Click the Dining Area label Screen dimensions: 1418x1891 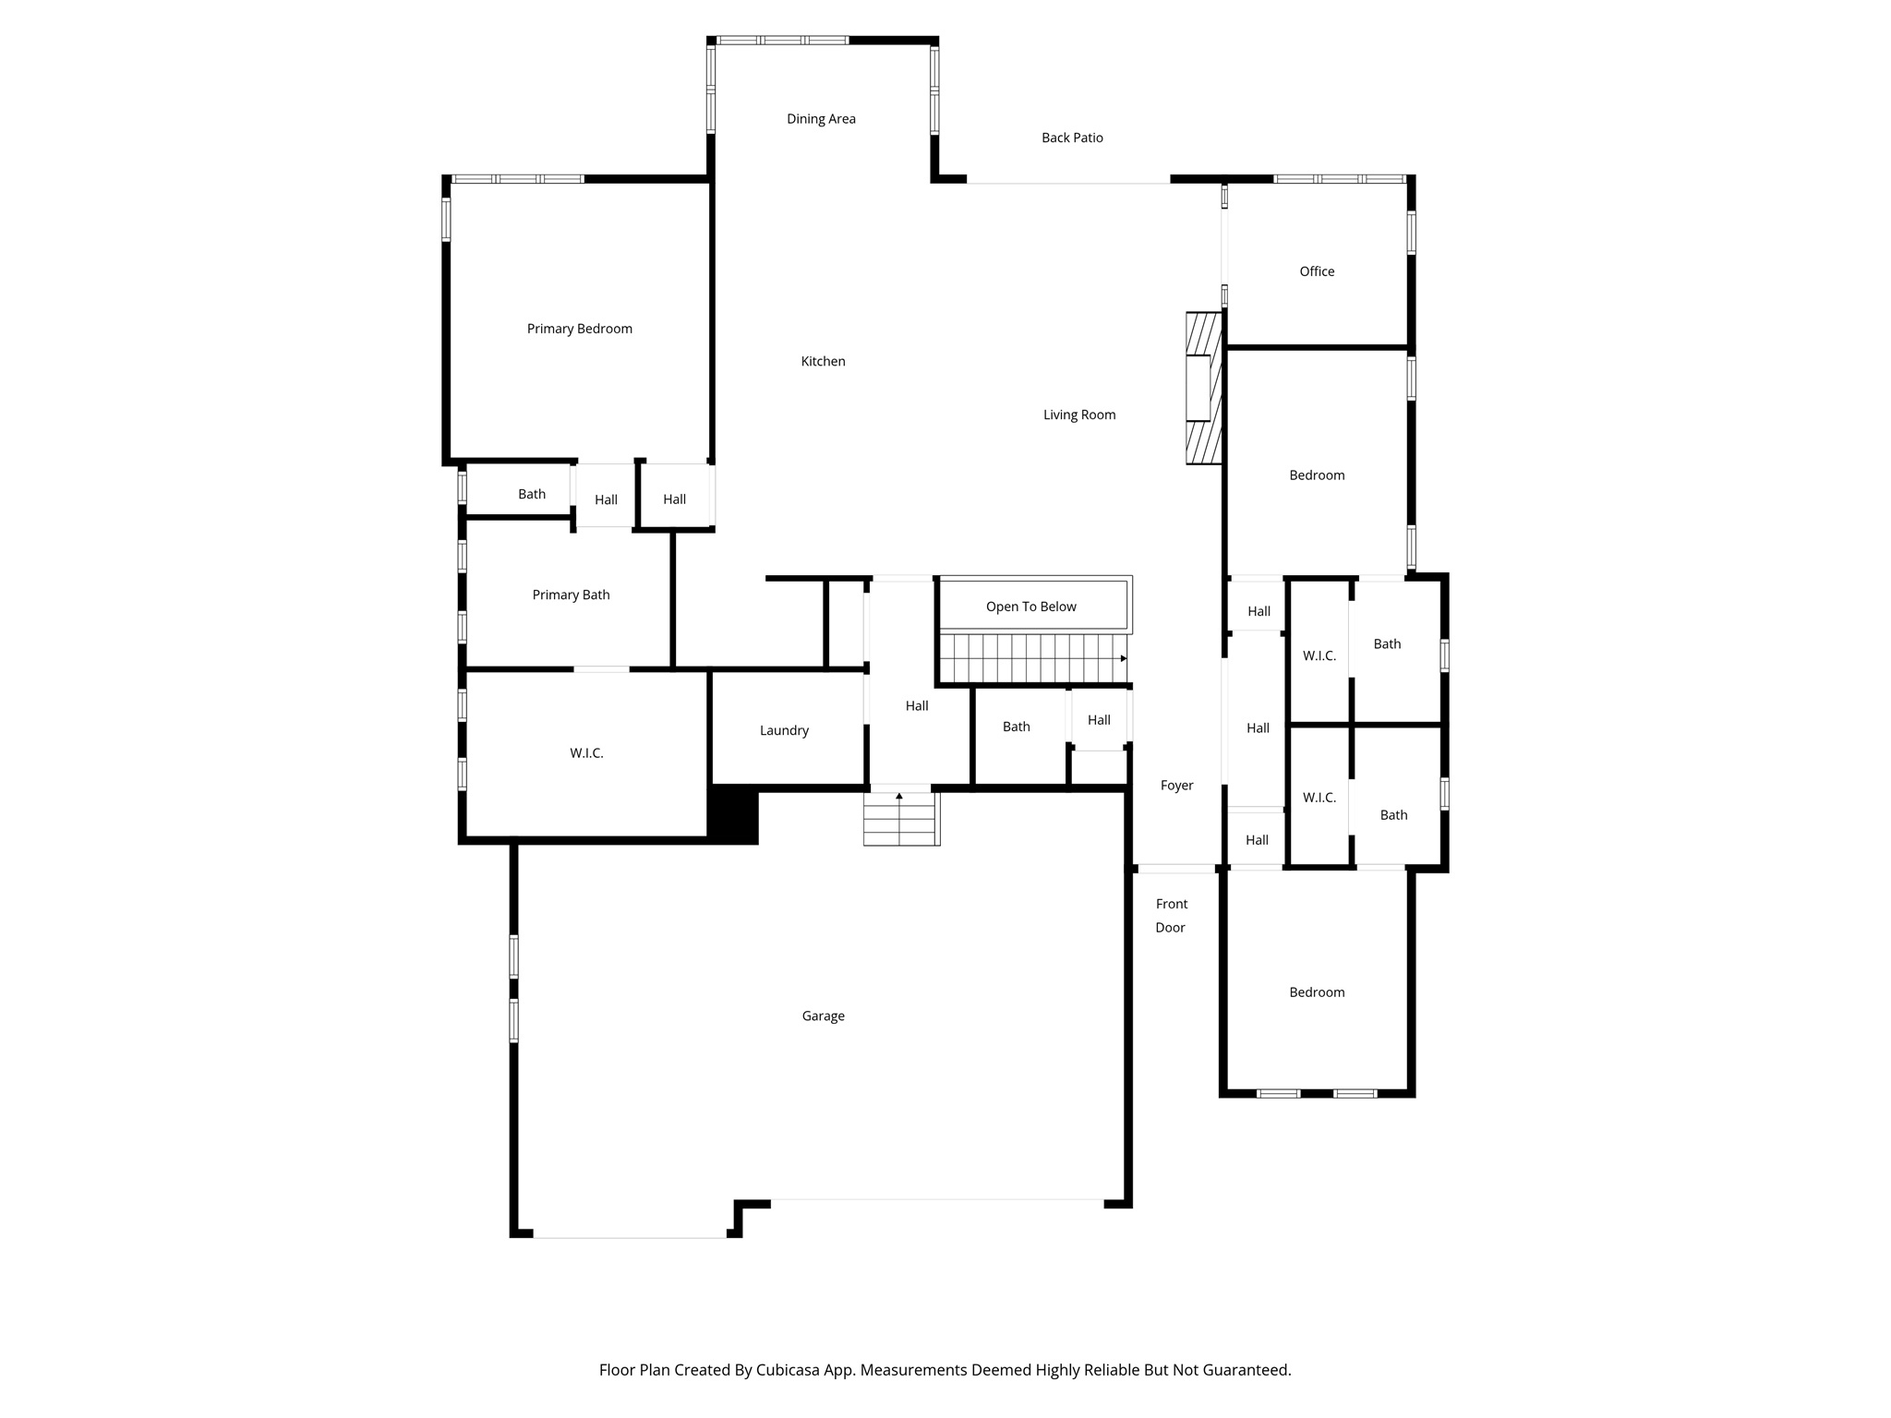pos(821,119)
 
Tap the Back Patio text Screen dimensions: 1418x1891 pos(1072,138)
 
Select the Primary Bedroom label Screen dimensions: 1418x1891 pos(579,329)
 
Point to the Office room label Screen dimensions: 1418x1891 pos(1317,271)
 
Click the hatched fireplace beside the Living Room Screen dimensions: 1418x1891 pos(1204,388)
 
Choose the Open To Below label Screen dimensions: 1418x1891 pos(1030,607)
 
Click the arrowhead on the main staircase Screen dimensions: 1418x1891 pos(1123,658)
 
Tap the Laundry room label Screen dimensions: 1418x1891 pos(784,730)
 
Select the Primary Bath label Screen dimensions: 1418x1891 pos(571,595)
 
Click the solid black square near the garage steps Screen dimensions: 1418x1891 pos(733,814)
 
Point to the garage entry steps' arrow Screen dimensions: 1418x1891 pos(899,796)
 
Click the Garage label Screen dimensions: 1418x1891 pos(823,1015)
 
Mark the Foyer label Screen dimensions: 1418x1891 pos(1176,786)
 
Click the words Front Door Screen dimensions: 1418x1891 pos(1171,916)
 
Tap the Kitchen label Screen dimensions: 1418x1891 pos(823,361)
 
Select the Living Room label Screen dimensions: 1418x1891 pos(1079,415)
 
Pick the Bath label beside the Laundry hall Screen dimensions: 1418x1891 pos(1016,727)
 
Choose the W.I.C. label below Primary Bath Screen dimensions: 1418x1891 pos(586,753)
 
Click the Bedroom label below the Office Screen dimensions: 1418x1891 pos(1317,475)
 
